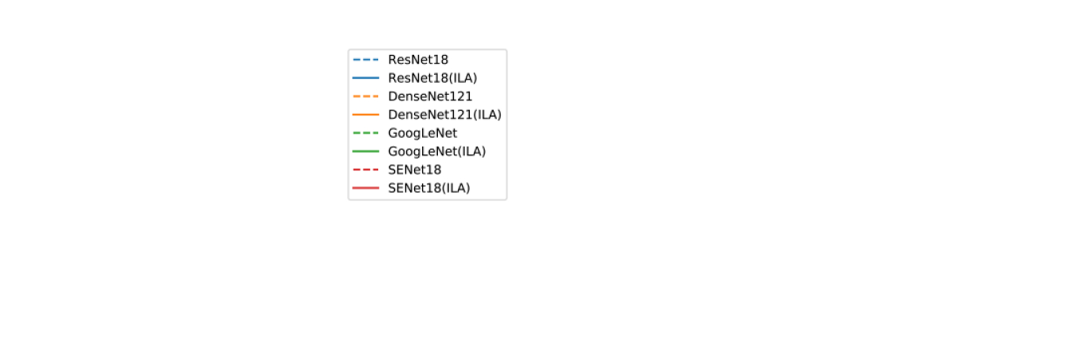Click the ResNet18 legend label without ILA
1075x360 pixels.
click(x=418, y=60)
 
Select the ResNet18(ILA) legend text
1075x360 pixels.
click(x=432, y=78)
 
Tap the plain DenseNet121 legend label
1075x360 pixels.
click(x=430, y=96)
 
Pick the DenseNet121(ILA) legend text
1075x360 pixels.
click(x=444, y=115)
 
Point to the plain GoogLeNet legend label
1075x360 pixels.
click(x=422, y=133)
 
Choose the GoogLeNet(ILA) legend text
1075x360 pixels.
click(x=436, y=151)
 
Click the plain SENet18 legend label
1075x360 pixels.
click(x=415, y=170)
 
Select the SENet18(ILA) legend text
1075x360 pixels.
click(x=429, y=188)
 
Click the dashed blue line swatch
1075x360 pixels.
click(x=365, y=60)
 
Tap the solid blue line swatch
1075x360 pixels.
click(x=365, y=78)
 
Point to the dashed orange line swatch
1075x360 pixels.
click(x=365, y=96)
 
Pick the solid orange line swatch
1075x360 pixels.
click(x=365, y=115)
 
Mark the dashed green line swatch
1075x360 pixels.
click(x=365, y=133)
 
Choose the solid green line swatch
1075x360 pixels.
click(x=365, y=151)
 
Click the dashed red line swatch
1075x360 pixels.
click(x=365, y=170)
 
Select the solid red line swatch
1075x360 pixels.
click(x=365, y=188)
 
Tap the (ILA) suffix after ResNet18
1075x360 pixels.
click(x=463, y=78)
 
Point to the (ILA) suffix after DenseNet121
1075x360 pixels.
click(x=487, y=115)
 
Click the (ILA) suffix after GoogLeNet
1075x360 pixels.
click(x=471, y=151)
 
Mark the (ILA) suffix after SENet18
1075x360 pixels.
click(x=456, y=188)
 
